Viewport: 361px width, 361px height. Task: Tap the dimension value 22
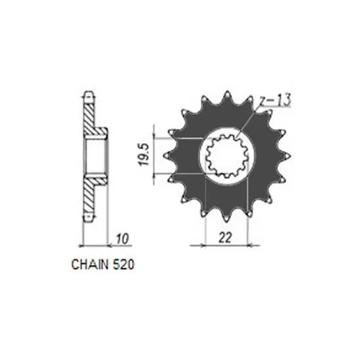pos(225,238)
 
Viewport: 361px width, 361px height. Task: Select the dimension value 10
pos(122,239)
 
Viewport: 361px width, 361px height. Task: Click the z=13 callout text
pos(275,100)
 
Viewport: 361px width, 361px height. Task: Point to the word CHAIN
pos(89,265)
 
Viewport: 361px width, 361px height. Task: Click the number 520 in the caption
pos(123,265)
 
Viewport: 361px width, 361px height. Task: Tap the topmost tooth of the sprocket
pos(227,96)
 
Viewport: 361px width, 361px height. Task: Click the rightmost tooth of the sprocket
pos(285,156)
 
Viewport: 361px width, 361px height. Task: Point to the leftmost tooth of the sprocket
pos(169,156)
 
